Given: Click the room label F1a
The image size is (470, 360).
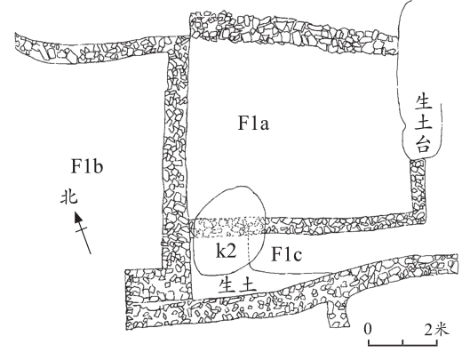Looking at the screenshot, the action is click(x=253, y=124).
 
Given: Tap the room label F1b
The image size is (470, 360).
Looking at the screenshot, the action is click(x=87, y=166).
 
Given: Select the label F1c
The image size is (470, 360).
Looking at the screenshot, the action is click(x=286, y=254).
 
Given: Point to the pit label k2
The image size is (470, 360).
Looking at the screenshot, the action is click(x=227, y=251).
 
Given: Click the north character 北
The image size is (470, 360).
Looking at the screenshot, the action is click(x=69, y=197).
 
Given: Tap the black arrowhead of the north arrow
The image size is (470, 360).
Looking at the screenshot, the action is click(x=78, y=217).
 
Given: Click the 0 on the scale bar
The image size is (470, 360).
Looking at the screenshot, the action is click(x=368, y=329).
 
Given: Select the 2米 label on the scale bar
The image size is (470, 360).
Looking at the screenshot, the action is click(x=437, y=329).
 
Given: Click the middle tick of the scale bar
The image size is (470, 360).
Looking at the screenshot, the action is click(x=402, y=342).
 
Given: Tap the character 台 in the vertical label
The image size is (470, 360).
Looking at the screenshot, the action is click(x=423, y=145).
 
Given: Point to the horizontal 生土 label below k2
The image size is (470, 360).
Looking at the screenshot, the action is click(x=237, y=284).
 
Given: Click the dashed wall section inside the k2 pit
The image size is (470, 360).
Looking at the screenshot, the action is click(x=229, y=227).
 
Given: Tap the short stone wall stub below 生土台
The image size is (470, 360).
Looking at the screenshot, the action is click(x=418, y=186).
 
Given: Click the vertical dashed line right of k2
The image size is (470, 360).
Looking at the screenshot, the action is click(x=249, y=249).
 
